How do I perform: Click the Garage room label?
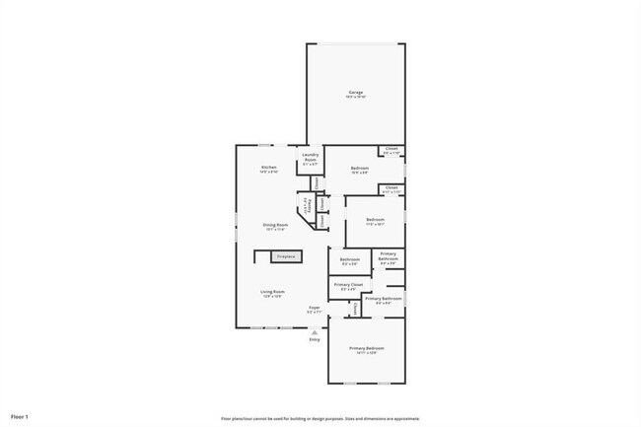[354, 92]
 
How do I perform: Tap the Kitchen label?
[268, 168]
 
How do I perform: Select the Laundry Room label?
[310, 158]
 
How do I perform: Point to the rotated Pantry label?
[307, 207]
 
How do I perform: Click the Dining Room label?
[275, 225]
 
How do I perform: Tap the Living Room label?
[273, 292]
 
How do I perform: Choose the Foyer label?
[315, 308]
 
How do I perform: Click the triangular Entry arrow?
[315, 332]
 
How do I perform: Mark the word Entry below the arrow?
[315, 340]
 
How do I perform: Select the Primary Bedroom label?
[367, 349]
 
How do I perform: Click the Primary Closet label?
[349, 284]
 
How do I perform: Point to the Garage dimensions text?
[354, 97]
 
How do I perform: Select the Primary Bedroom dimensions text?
[367, 354]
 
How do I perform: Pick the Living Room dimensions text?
[273, 297]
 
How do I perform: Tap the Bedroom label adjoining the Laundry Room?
[360, 168]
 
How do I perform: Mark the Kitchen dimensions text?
[268, 173]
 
